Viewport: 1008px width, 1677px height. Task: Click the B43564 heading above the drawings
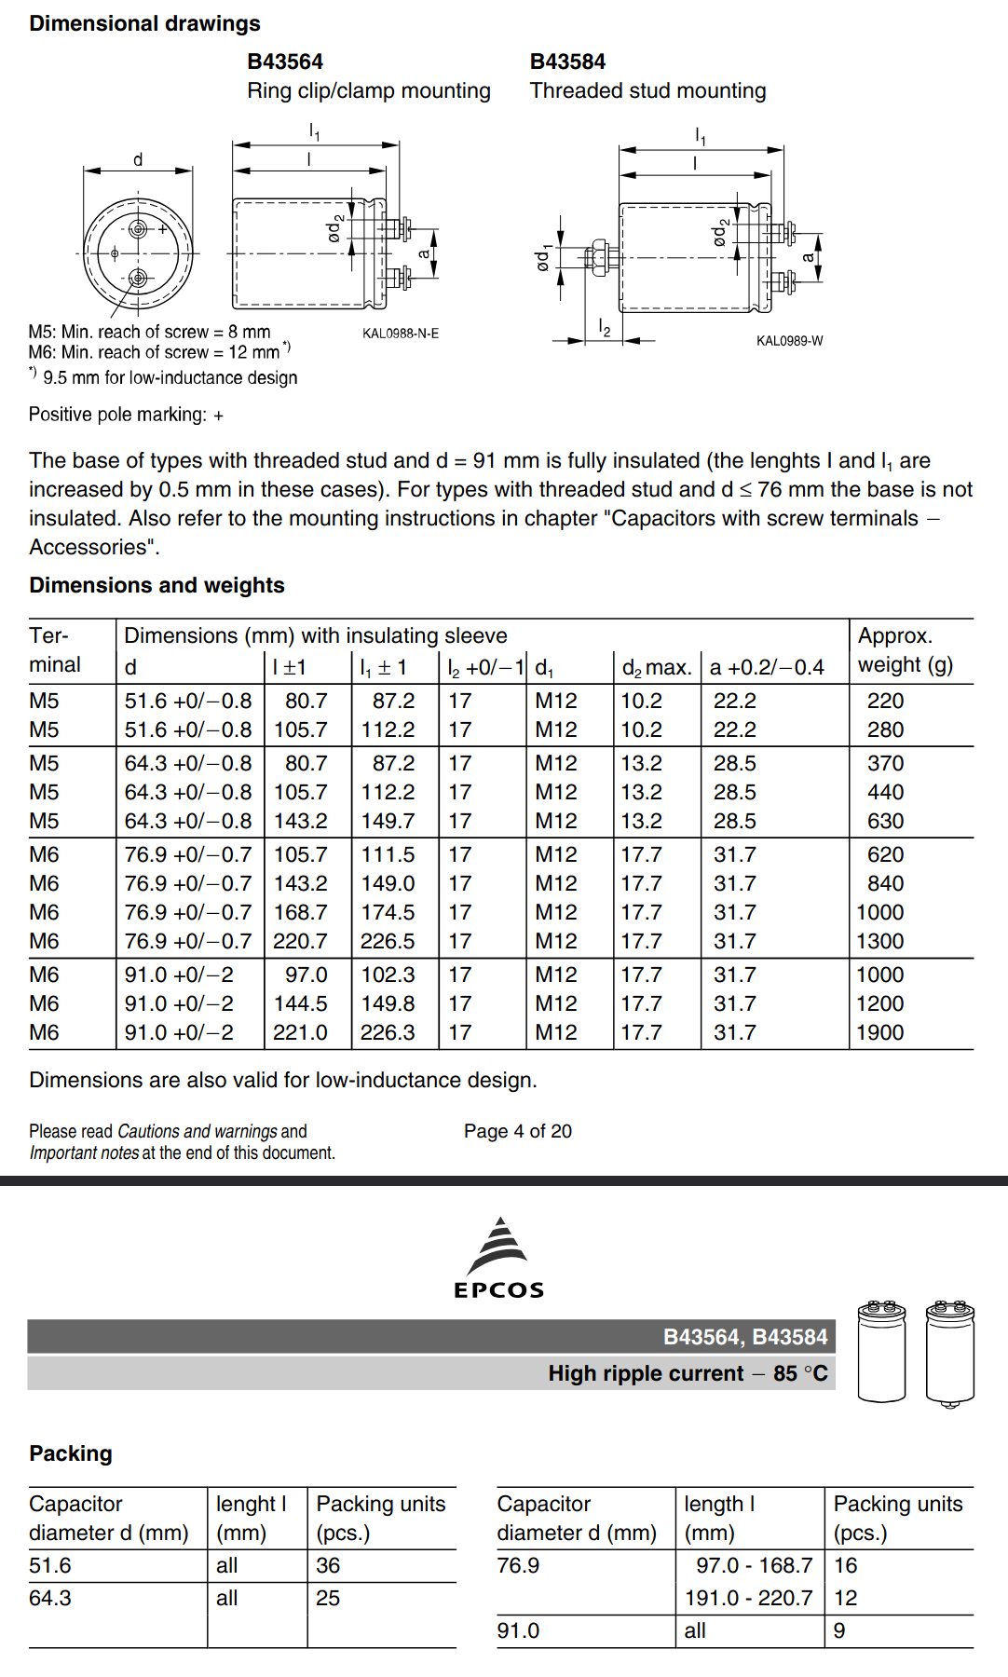coord(285,61)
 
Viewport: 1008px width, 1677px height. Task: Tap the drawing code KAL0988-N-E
coord(401,334)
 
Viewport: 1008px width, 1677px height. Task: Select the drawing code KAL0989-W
coord(789,341)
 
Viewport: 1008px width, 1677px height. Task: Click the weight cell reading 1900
coord(880,1032)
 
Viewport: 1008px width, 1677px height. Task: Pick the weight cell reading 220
coord(885,701)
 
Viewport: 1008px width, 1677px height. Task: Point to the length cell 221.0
coord(300,1032)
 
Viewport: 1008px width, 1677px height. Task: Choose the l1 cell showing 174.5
coord(388,912)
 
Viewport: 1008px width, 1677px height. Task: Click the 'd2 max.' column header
coord(656,667)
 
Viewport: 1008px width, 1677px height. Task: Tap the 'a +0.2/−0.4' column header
coord(767,667)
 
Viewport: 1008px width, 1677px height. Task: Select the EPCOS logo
coord(499,1259)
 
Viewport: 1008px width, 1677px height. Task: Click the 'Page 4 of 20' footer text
coord(518,1131)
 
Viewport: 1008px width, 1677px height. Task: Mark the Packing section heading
coord(71,1453)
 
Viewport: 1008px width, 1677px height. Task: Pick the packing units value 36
coord(328,1565)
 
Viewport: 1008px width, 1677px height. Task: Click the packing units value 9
coord(839,1630)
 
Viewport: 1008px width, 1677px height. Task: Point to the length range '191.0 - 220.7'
coord(748,1598)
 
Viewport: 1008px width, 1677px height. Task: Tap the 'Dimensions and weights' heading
coord(157,585)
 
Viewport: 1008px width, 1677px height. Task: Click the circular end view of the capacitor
coord(138,252)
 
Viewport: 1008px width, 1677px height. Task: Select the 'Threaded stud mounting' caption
coord(647,90)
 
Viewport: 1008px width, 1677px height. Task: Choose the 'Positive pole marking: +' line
coord(126,415)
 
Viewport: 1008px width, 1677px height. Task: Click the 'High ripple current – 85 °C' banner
coord(688,1373)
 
